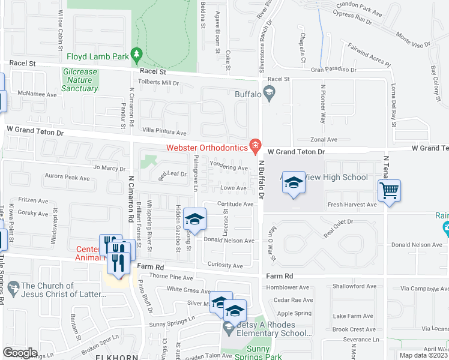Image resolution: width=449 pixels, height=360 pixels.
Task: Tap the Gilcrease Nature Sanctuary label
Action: pos(80,80)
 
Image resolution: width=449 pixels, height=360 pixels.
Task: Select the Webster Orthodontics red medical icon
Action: pos(256,145)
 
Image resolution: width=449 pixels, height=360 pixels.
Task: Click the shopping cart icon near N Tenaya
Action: pos(389,191)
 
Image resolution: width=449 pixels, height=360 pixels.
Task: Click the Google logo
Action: pos(20,352)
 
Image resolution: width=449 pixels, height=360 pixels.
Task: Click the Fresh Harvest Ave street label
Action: pos(352,205)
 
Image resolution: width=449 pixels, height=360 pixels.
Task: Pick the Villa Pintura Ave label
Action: pos(164,131)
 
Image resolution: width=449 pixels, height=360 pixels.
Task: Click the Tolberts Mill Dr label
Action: pos(158,82)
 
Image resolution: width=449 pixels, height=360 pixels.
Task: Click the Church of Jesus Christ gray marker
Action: pos(13,286)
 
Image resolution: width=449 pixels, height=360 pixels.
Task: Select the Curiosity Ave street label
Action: pos(224,265)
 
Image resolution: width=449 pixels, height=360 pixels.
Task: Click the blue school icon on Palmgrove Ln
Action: pos(194,220)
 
